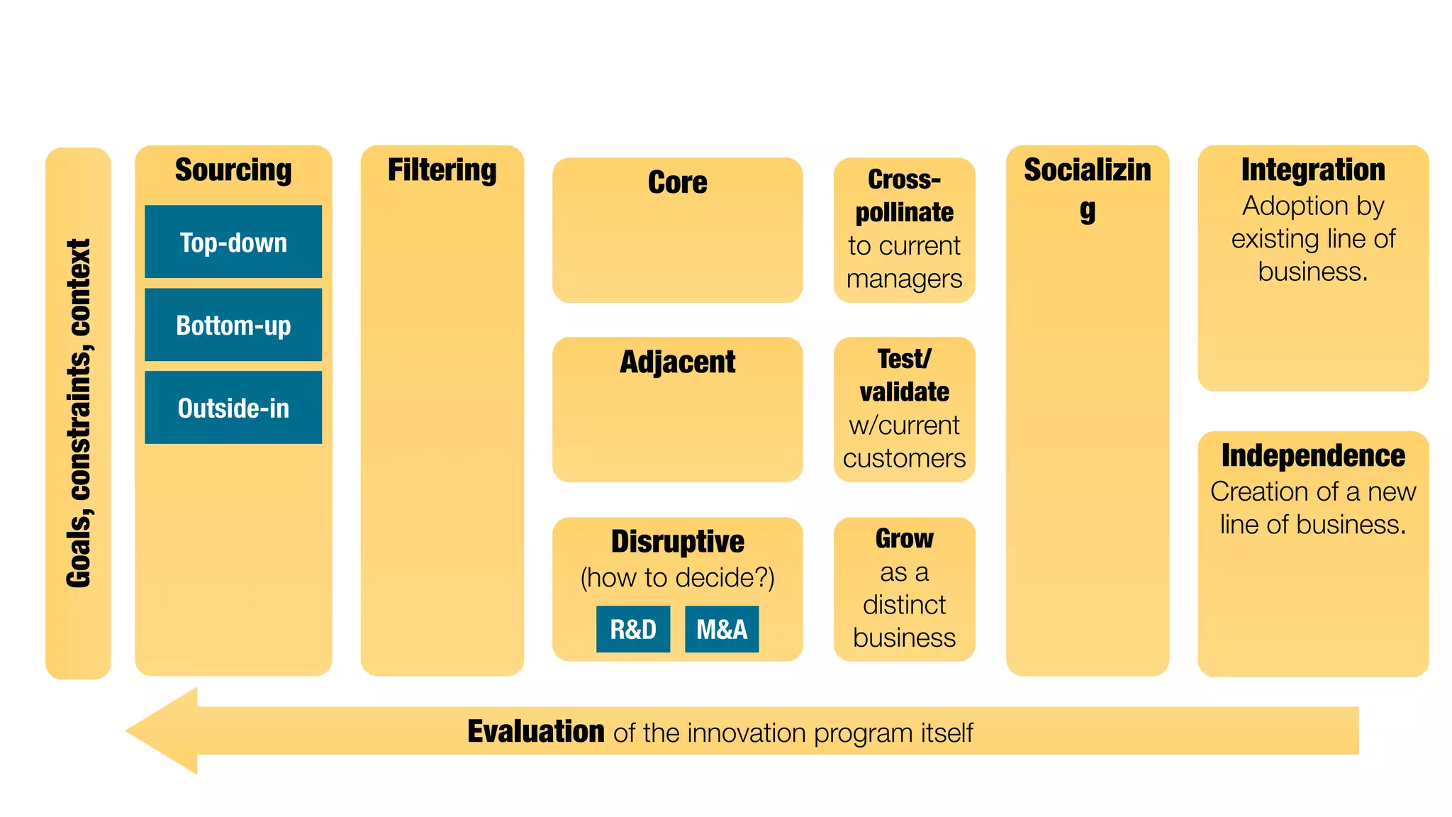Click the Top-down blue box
pos(233,242)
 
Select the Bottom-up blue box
pos(233,325)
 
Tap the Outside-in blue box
pos(233,408)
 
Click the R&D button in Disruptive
pos(633,629)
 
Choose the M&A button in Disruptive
pos(722,629)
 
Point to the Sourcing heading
pos(233,170)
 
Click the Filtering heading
pos(442,170)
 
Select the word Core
pos(677,182)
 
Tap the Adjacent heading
pos(677,362)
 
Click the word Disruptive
pos(677,541)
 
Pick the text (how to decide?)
pos(677,577)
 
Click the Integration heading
pos(1313,170)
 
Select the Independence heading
pos(1313,455)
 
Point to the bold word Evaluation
pos(535,731)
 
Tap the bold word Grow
pos(904,538)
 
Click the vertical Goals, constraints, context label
pos(79,413)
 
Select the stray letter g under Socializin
pos(1088,211)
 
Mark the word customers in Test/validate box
pos(904,458)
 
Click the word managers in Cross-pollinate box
pos(904,279)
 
